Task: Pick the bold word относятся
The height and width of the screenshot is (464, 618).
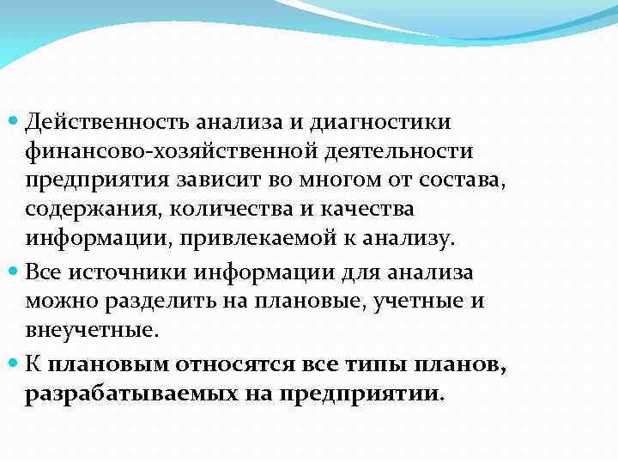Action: click(238, 363)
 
